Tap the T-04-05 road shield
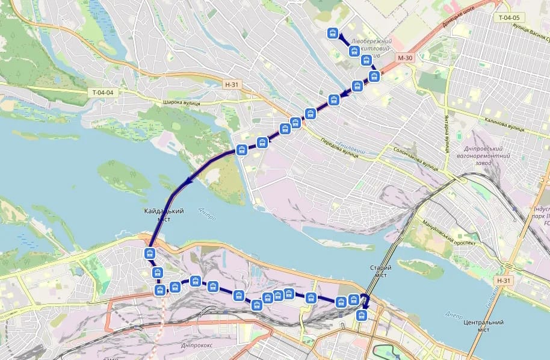(509, 17)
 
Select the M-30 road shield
(405, 58)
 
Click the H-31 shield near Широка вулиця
(232, 85)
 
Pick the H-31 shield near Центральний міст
(504, 281)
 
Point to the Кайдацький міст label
(164, 215)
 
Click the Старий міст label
(380, 272)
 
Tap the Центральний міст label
(483, 326)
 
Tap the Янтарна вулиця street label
(448, 133)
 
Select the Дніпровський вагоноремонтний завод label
(487, 156)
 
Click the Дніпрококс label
(198, 346)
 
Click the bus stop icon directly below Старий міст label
(362, 315)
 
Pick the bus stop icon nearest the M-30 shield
(374, 76)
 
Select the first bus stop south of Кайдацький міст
(150, 253)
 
